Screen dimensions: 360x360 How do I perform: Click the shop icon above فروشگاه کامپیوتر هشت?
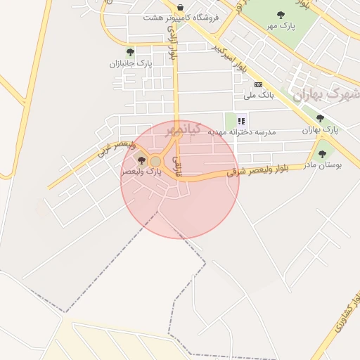tap(181, 7)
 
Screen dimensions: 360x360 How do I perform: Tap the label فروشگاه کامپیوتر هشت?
tap(181, 17)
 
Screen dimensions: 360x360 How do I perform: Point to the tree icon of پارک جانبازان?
tap(129, 51)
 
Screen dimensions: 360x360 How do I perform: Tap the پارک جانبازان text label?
tap(130, 63)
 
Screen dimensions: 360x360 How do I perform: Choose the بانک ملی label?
tap(258, 95)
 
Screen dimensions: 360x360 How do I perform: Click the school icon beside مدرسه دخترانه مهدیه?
tap(241, 120)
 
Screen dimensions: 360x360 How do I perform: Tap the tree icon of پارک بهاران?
tap(321, 118)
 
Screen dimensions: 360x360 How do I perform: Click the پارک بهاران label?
tap(321, 130)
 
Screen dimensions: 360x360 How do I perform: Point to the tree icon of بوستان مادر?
tap(323, 153)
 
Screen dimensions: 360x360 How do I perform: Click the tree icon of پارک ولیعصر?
tap(142, 161)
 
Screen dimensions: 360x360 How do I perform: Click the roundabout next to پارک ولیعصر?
tap(156, 161)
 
